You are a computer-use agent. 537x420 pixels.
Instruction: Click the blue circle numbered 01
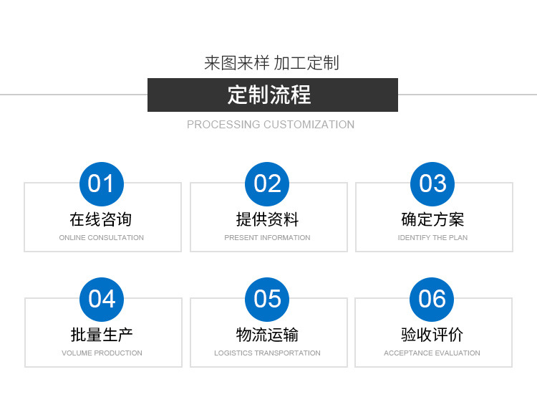[x=101, y=184]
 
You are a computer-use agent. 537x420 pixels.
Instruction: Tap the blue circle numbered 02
[x=267, y=184]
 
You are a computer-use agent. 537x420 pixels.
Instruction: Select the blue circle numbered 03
[x=432, y=184]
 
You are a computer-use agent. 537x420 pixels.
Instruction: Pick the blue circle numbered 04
[x=102, y=299]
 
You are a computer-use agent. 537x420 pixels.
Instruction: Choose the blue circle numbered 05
[x=267, y=299]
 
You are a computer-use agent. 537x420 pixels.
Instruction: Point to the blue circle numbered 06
[x=432, y=299]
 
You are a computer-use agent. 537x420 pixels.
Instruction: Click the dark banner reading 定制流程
[x=272, y=95]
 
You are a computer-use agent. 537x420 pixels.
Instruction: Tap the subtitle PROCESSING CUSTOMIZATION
[x=271, y=125]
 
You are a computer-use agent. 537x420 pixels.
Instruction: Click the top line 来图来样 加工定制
[x=271, y=63]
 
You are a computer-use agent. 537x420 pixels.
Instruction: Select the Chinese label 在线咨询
[x=101, y=219]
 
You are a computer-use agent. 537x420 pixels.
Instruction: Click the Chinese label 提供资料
[x=267, y=219]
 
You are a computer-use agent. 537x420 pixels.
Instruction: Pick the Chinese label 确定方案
[x=432, y=219]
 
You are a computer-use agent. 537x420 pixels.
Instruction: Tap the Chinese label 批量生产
[x=102, y=335]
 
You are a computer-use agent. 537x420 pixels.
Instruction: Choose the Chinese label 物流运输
[x=267, y=335]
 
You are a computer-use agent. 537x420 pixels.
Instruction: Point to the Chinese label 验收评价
[x=432, y=335]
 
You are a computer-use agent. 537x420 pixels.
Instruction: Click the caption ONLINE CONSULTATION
[x=101, y=238]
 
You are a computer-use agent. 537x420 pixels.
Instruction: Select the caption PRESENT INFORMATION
[x=267, y=238]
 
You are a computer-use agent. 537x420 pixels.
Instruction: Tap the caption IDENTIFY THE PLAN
[x=432, y=238]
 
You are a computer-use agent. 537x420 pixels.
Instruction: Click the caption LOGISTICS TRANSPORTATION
[x=267, y=353]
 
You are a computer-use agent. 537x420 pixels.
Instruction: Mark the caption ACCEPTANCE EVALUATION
[x=432, y=353]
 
